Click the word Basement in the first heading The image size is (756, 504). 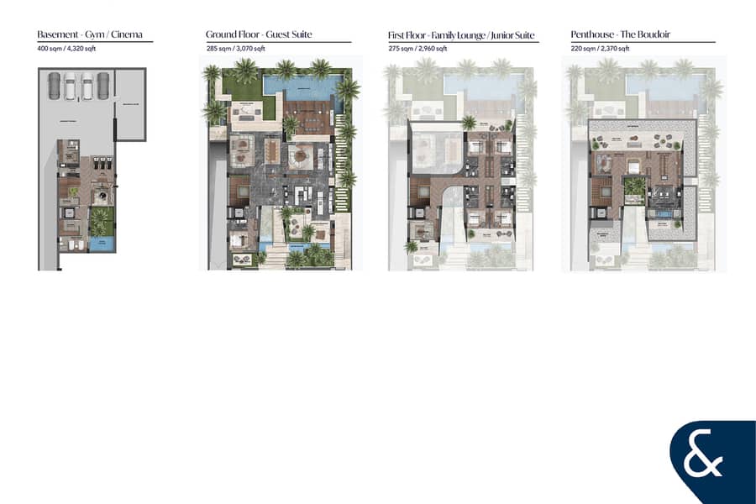pyautogui.click(x=55, y=35)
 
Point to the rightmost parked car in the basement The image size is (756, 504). pyautogui.click(x=102, y=85)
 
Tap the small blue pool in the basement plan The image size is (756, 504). pyautogui.click(x=102, y=244)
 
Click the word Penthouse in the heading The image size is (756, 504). pyautogui.click(x=591, y=35)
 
